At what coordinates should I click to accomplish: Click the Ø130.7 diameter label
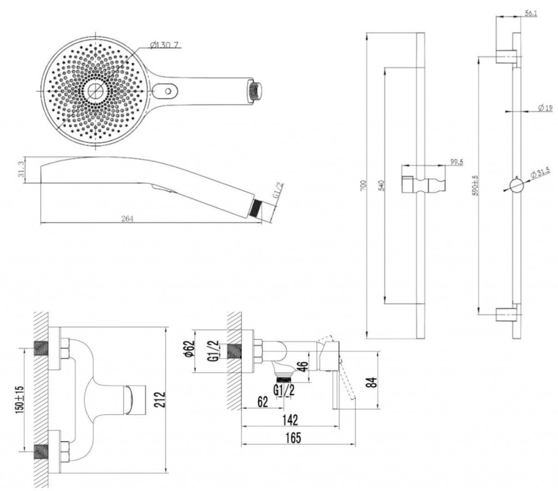[x=163, y=45]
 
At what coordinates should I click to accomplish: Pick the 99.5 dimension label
[x=456, y=162]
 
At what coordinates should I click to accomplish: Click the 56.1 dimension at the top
[x=531, y=14]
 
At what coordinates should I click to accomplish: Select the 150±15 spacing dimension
[x=20, y=399]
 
